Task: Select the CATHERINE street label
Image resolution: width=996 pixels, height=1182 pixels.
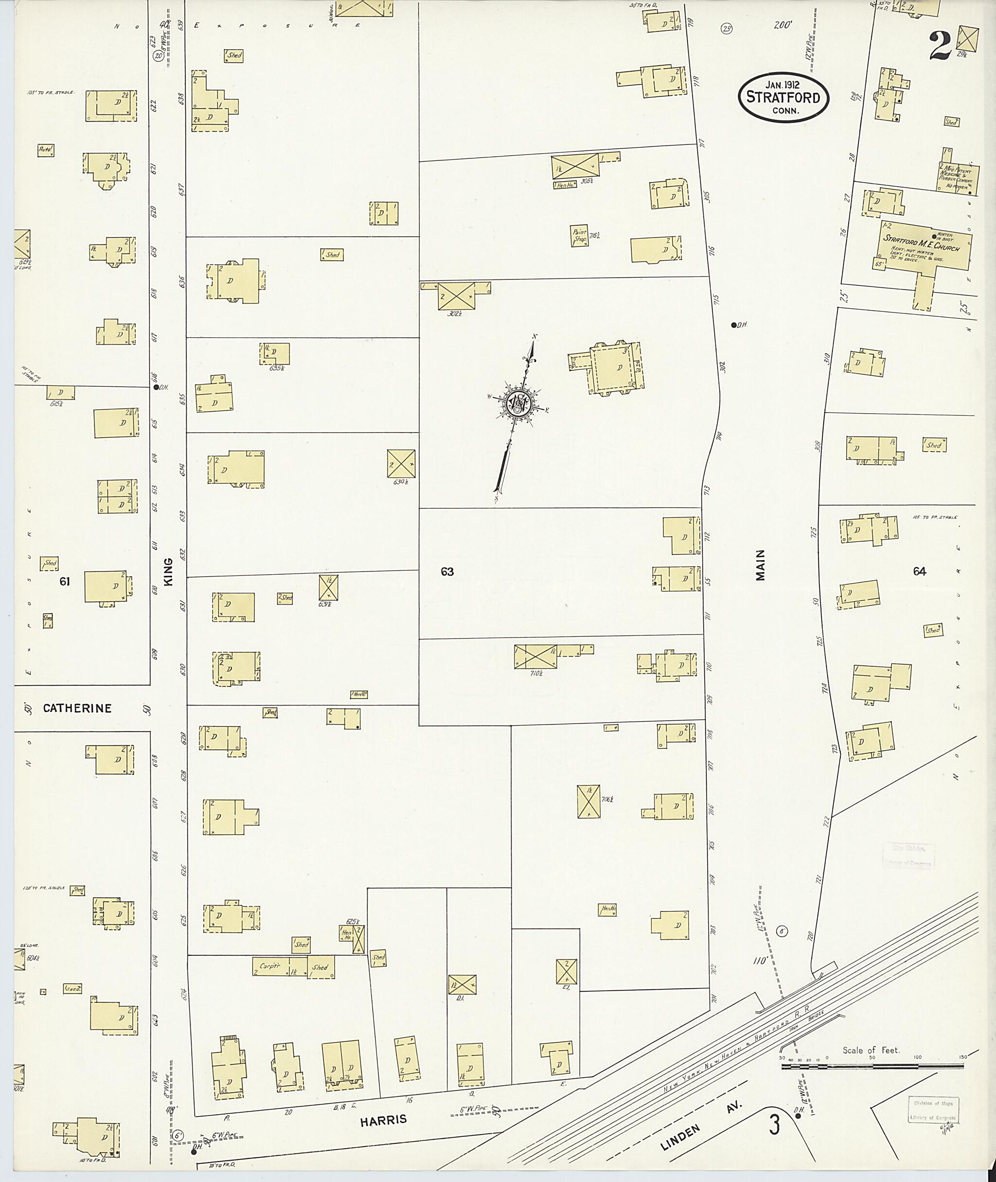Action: (x=77, y=708)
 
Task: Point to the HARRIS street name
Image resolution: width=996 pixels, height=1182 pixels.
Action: (x=384, y=1119)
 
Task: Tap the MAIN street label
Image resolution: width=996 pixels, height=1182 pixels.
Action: (x=761, y=565)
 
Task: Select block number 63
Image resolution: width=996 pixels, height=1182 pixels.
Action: (x=447, y=572)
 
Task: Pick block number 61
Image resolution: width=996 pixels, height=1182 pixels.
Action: (x=64, y=581)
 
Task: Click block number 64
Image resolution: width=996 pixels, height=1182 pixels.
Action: (x=919, y=571)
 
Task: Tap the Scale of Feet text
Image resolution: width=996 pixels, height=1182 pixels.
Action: (x=871, y=1050)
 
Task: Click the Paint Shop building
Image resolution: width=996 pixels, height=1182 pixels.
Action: (x=579, y=235)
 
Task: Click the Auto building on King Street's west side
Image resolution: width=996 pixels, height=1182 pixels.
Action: (x=46, y=150)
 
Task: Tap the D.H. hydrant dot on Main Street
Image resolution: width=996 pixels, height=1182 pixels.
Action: (x=733, y=325)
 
